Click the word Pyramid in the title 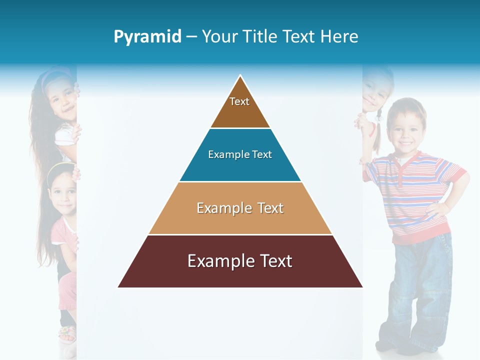click(x=147, y=37)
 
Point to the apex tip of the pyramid click(x=240, y=76)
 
